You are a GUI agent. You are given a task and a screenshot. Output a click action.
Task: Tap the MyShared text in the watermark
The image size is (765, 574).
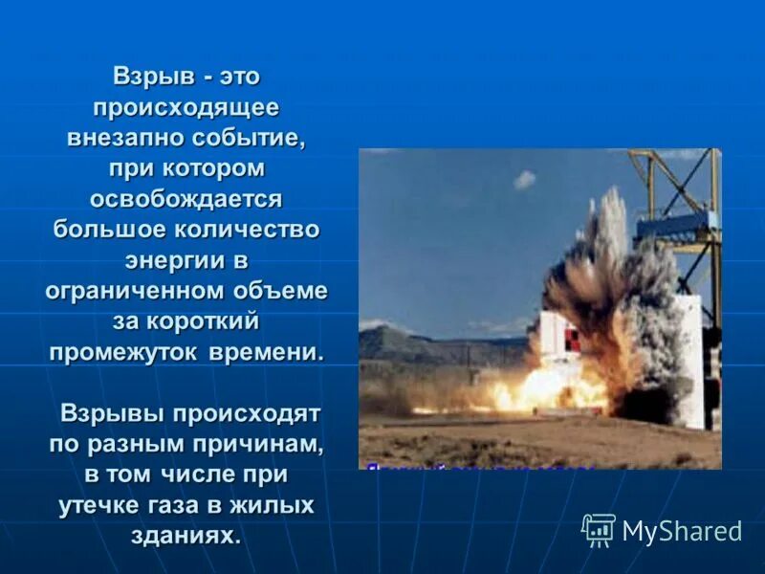point(682,531)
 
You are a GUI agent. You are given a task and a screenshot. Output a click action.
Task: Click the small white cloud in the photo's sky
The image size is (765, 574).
point(524,179)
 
